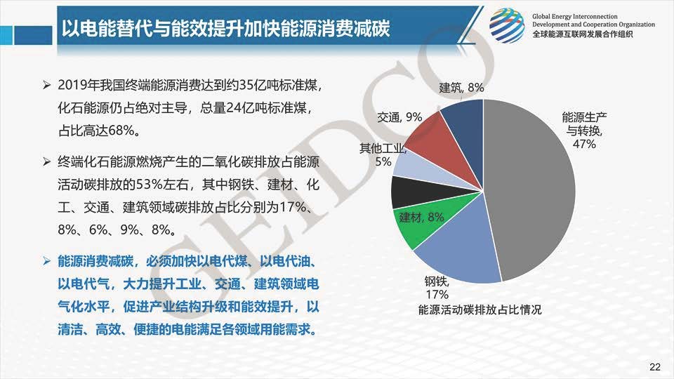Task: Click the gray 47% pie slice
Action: pos(533,189)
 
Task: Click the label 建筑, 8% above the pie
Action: pos(461,88)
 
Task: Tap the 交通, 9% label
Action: pos(399,117)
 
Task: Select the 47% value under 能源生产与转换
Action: pos(584,144)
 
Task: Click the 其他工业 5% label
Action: pos(383,154)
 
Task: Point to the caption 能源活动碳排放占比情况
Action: pos(480,310)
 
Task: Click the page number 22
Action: pos(654,366)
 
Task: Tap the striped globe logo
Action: pos(507,26)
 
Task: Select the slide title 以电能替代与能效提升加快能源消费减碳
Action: pos(225,28)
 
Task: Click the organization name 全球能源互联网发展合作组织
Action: pos(583,34)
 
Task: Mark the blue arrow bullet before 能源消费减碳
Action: pos(47,261)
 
